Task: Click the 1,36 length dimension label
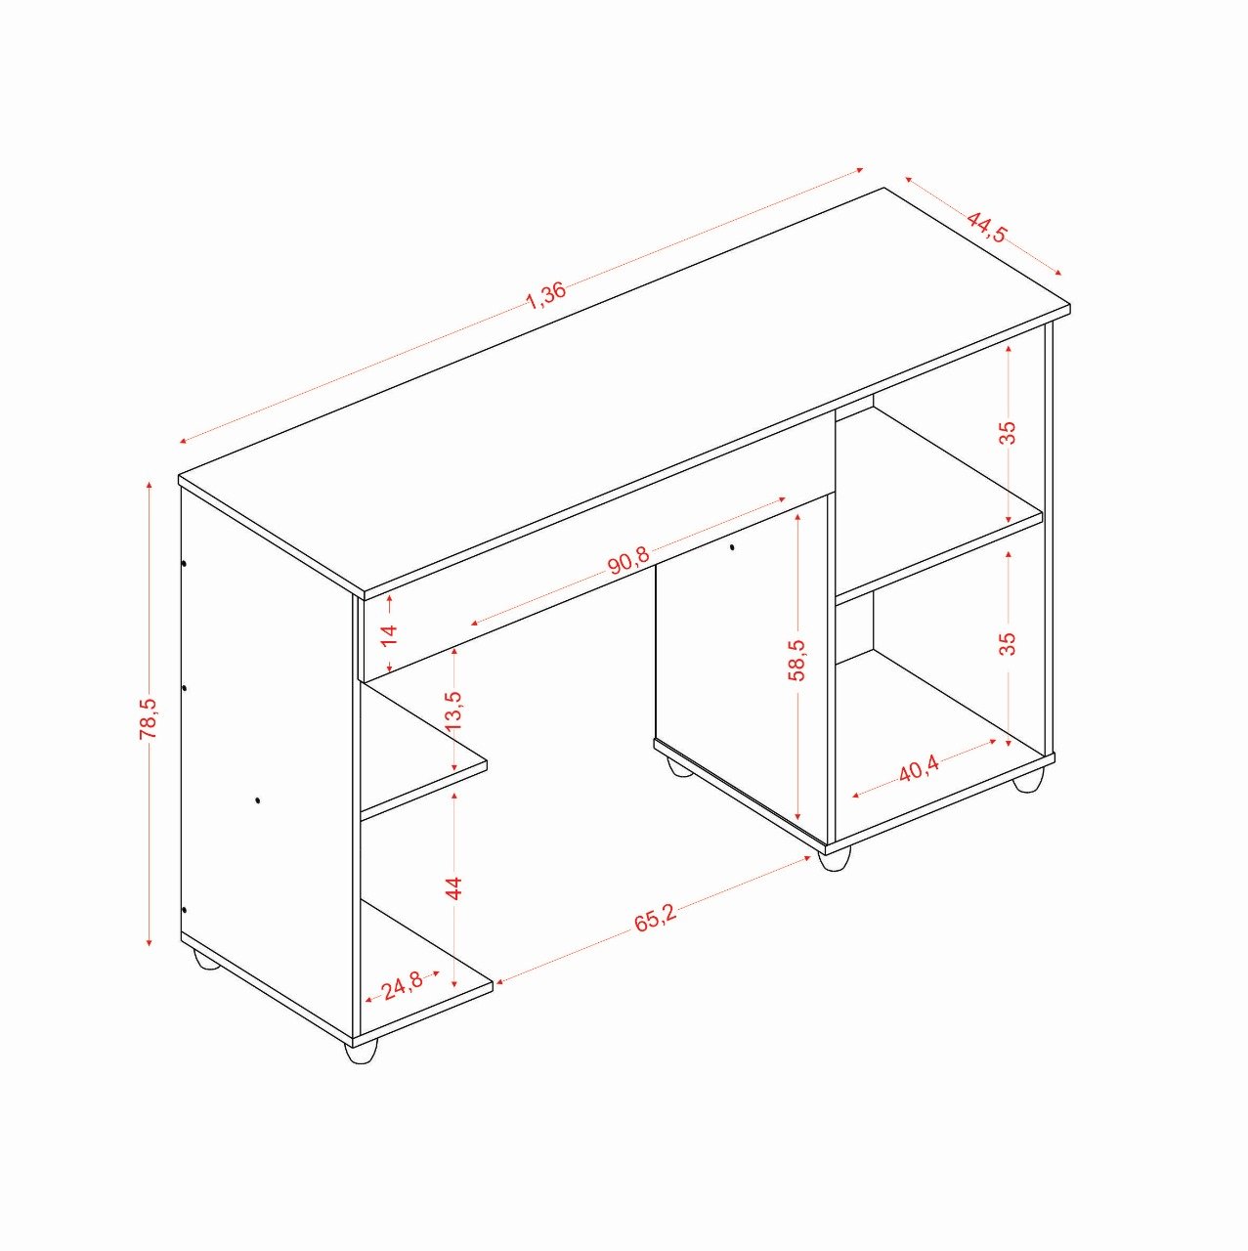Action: click(545, 296)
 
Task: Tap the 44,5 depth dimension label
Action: click(988, 226)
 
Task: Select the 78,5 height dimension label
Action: click(149, 718)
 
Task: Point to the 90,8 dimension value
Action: click(628, 561)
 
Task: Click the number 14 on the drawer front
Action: click(388, 634)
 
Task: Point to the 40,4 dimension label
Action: click(919, 770)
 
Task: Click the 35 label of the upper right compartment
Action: click(1008, 432)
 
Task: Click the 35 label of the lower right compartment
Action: click(1008, 643)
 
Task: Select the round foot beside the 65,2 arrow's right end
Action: click(835, 859)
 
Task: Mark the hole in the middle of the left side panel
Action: click(258, 799)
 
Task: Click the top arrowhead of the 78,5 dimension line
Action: click(150, 486)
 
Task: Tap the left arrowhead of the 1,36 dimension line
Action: click(184, 442)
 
